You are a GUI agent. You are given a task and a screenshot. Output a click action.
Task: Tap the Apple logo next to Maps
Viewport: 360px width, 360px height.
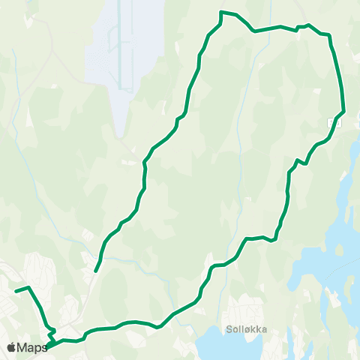click(11, 347)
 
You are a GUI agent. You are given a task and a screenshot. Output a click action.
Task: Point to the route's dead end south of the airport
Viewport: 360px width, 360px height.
click(96, 271)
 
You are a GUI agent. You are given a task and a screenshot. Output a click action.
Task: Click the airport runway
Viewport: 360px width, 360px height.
click(112, 45)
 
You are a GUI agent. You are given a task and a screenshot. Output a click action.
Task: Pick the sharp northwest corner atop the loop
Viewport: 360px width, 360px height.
click(220, 12)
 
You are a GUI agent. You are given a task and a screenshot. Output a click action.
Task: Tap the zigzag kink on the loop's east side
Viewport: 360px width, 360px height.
click(301, 161)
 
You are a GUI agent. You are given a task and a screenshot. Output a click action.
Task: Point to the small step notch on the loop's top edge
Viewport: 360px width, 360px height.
click(301, 28)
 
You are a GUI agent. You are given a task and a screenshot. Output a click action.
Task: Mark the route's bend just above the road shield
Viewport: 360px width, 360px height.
click(343, 110)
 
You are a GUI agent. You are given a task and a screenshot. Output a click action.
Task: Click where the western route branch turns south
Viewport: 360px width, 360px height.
click(28, 288)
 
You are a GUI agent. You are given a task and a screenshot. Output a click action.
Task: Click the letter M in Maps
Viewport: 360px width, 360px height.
click(22, 347)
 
